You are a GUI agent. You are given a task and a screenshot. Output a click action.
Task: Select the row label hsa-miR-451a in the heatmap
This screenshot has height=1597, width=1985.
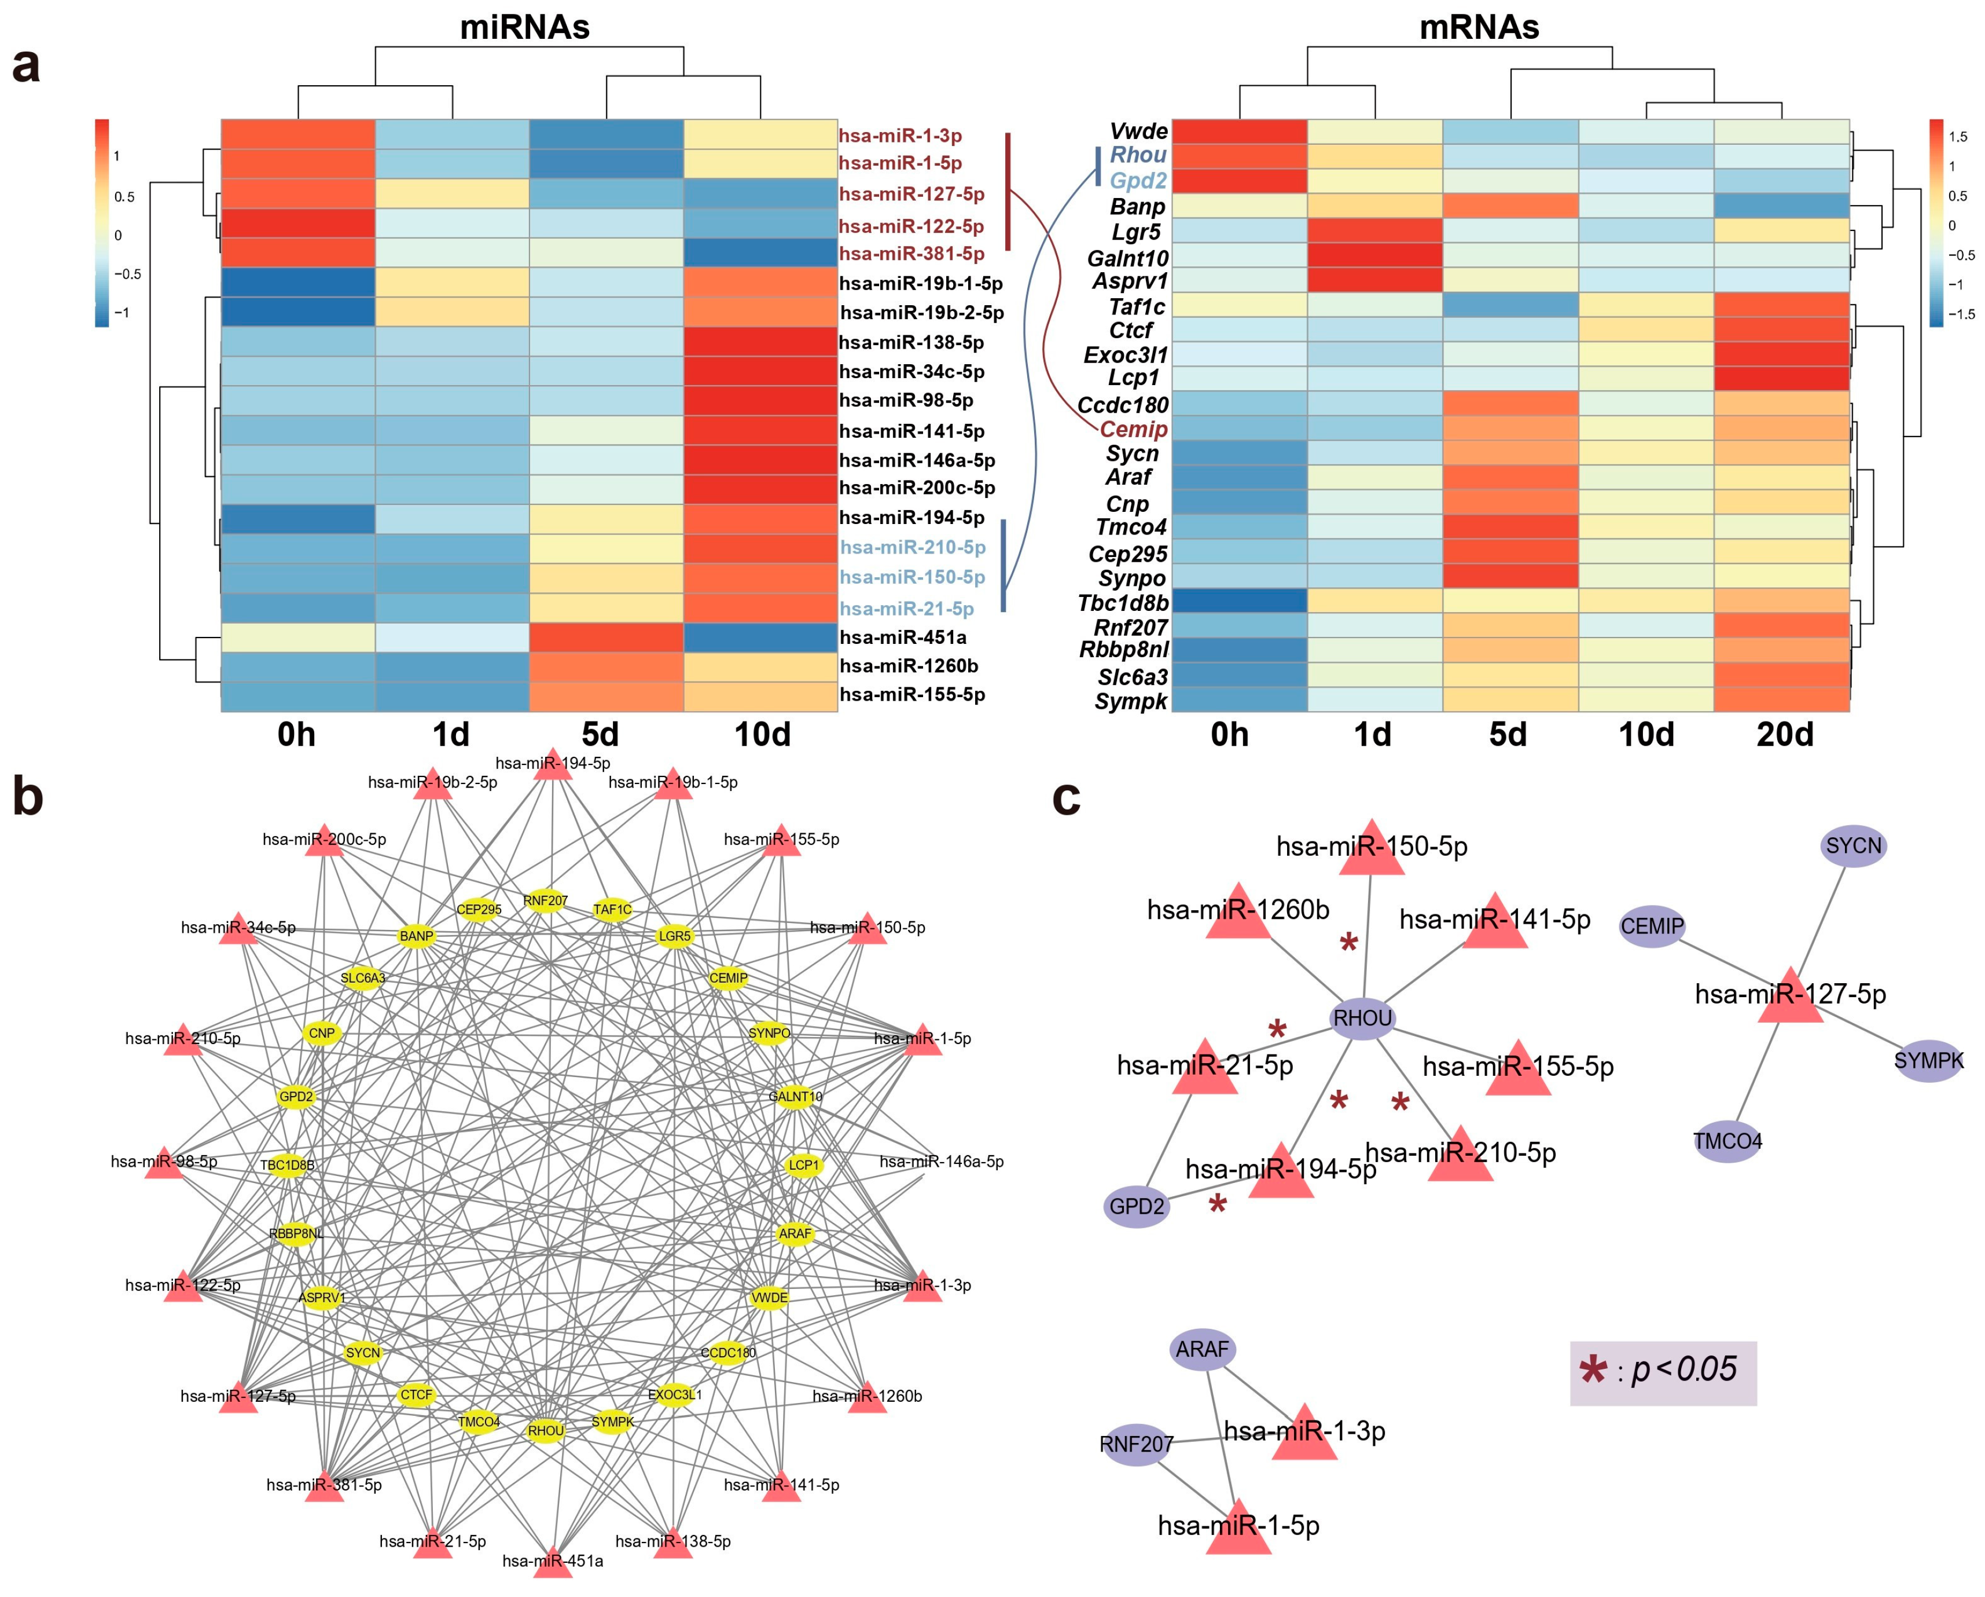pos(902,638)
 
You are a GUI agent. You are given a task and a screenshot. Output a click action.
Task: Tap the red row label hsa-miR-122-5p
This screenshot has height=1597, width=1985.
pos(910,226)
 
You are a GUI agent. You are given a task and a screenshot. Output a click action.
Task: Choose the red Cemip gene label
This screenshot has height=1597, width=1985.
pos(1133,429)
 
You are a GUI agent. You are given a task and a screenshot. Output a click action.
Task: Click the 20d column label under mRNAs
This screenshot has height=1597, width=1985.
pos(1784,735)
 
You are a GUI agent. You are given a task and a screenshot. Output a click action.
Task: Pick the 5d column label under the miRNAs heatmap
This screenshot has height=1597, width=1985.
pos(600,735)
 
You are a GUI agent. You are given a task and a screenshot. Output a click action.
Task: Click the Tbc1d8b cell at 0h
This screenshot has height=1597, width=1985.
pos(1238,600)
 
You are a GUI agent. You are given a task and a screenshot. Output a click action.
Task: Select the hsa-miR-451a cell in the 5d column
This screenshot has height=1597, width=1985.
pos(606,638)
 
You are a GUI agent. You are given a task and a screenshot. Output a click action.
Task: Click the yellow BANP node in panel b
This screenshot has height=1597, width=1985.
pos(416,936)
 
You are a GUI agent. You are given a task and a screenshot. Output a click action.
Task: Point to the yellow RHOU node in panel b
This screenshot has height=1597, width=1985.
pos(545,1430)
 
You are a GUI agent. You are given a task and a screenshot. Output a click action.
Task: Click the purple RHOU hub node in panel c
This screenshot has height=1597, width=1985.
pos(1363,1018)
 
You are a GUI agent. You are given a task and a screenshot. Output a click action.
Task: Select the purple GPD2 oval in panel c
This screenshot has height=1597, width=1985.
pos(1136,1207)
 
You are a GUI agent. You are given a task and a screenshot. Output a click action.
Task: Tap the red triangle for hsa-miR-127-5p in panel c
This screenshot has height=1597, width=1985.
pos(1790,998)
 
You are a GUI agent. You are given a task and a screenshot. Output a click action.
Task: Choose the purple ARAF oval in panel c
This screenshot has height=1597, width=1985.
pos(1203,1349)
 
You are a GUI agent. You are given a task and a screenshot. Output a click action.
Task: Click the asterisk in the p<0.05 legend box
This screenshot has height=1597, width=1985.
pos(1593,1371)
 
